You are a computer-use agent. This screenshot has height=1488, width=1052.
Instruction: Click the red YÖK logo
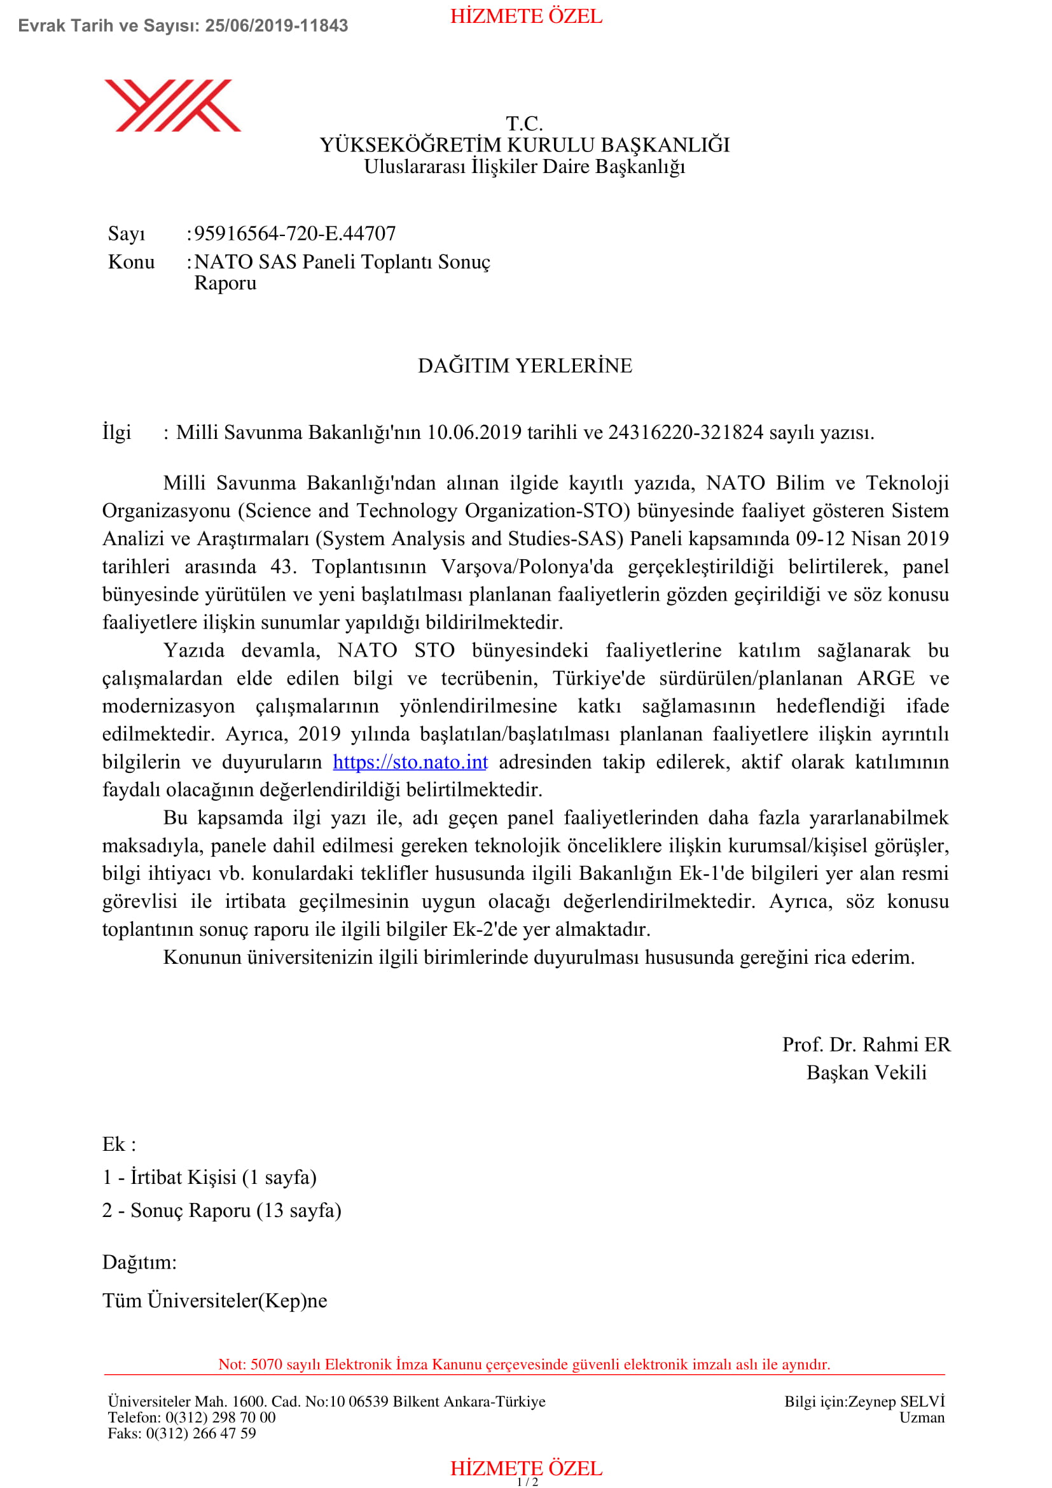172,106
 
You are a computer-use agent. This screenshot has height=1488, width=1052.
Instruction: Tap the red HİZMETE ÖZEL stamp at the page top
526,16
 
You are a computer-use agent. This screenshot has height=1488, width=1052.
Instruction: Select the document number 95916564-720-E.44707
294,233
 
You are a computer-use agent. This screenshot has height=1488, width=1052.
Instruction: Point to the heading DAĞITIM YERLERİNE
525,366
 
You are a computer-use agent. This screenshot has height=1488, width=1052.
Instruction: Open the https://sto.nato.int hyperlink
410,762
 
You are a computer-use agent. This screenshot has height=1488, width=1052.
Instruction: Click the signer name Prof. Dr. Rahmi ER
866,1045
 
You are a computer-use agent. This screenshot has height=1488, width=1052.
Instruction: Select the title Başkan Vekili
866,1073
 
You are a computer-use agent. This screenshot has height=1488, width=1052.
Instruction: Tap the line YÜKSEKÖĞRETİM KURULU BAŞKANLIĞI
525,145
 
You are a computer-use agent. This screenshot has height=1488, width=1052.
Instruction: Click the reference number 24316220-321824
686,432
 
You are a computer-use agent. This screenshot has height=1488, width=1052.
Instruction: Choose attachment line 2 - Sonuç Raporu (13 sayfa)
221,1211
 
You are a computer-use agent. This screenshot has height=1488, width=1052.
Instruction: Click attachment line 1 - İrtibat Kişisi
209,1178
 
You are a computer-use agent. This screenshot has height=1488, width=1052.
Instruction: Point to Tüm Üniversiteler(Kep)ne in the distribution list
214,1301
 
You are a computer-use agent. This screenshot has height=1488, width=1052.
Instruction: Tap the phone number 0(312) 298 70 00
220,1418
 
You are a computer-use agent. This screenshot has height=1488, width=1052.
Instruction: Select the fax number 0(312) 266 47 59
201,1433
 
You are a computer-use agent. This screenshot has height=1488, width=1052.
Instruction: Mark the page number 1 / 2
527,1482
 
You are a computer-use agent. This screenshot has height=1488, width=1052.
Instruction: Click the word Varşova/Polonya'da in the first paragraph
527,567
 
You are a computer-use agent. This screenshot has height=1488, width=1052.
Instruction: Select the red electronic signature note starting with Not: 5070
524,1364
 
